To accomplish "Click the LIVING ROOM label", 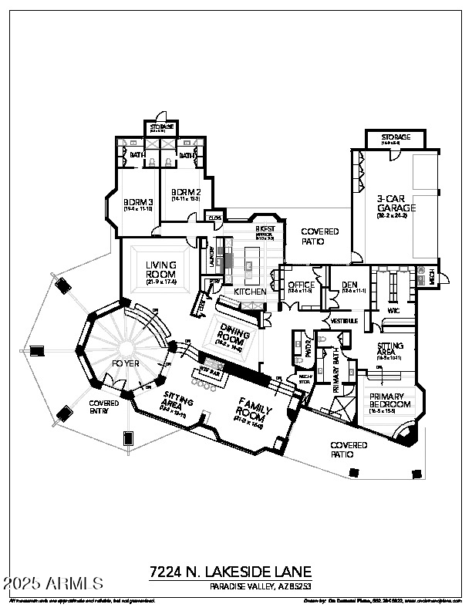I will coord(161,270).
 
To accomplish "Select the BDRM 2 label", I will coord(185,192).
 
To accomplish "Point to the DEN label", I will coord(349,285).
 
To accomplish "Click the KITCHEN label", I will coord(250,292).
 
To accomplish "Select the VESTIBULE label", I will coord(344,319).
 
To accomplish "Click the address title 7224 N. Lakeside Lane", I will coord(231,572).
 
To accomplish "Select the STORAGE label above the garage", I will coord(396,137).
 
